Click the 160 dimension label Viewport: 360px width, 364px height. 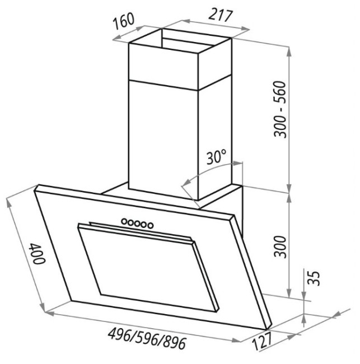[124, 21]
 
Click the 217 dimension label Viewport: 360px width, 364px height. [220, 16]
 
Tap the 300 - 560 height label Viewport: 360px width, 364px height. [280, 109]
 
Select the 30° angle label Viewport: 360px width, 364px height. [216, 157]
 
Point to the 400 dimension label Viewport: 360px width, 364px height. [37, 254]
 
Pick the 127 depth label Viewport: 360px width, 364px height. [261, 341]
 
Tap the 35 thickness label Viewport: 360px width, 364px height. [314, 278]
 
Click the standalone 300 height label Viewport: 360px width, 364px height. [280, 246]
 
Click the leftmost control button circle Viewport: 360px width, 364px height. [124, 221]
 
